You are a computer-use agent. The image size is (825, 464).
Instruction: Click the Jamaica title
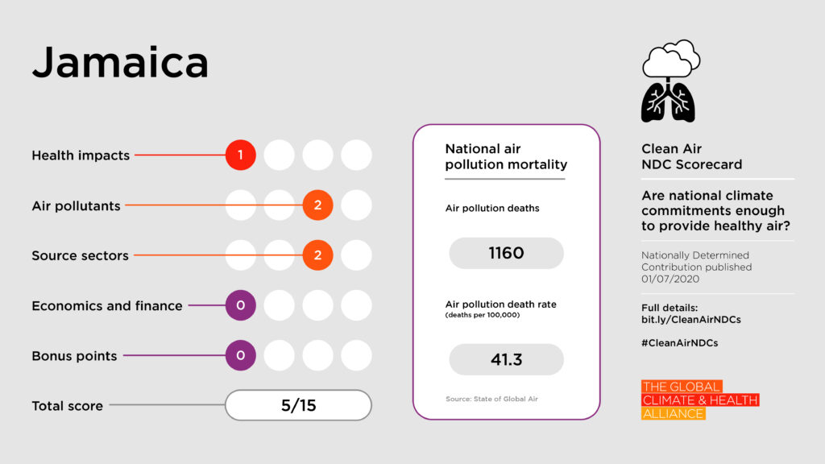pyautogui.click(x=120, y=62)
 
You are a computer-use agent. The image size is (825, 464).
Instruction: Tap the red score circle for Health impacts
pyautogui.click(x=240, y=155)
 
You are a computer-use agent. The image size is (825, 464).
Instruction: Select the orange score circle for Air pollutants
pyautogui.click(x=317, y=205)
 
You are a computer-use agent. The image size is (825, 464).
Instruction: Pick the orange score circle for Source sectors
pyautogui.click(x=317, y=255)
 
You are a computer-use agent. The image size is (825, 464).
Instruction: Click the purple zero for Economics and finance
pyautogui.click(x=240, y=305)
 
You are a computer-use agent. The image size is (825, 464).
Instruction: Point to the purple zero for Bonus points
pyautogui.click(x=240, y=355)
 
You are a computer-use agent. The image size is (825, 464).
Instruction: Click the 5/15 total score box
pyautogui.click(x=298, y=405)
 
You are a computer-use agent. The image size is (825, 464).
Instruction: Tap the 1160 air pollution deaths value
pyautogui.click(x=506, y=253)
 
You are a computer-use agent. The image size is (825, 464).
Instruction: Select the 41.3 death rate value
pyautogui.click(x=506, y=359)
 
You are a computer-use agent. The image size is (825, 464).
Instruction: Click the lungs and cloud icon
pyautogui.click(x=670, y=81)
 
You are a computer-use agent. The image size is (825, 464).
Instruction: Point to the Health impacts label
pyautogui.click(x=81, y=155)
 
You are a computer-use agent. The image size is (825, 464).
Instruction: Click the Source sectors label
pyautogui.click(x=80, y=255)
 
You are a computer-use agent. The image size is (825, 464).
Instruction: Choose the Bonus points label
pyautogui.click(x=74, y=355)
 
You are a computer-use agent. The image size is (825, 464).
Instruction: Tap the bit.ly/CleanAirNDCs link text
pyautogui.click(x=691, y=320)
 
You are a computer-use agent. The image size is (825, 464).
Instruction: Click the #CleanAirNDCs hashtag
pyautogui.click(x=680, y=342)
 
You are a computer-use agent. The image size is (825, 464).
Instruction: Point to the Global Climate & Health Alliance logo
pyautogui.click(x=700, y=400)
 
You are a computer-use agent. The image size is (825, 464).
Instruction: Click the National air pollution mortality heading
pyautogui.click(x=506, y=156)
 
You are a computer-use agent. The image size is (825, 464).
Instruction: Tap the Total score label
pyautogui.click(x=67, y=406)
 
